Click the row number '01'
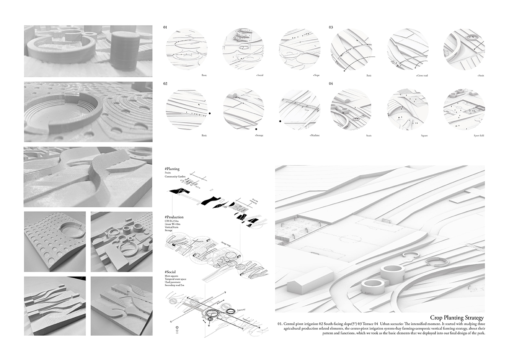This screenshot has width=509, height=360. (x=165, y=27)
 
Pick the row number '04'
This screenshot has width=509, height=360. (x=331, y=84)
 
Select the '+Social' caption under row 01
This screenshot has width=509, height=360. (x=259, y=75)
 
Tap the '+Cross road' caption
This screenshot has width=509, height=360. (x=422, y=75)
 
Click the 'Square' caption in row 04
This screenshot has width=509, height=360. (x=424, y=136)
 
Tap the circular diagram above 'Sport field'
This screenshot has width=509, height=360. (x=464, y=109)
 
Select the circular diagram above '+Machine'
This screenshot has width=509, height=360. (x=300, y=109)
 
